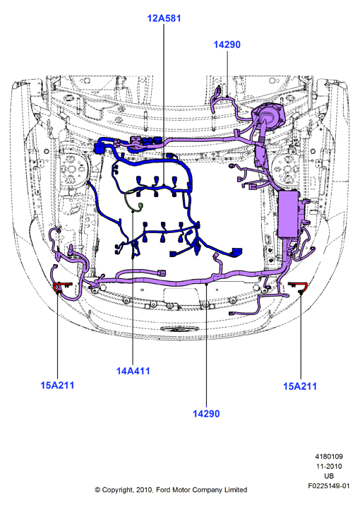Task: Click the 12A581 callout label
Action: (x=164, y=18)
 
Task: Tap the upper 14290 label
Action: (x=227, y=44)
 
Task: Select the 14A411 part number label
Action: (x=133, y=371)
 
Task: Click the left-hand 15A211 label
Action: (x=57, y=385)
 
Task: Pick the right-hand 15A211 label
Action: (x=300, y=386)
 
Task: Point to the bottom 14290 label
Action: (x=206, y=413)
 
